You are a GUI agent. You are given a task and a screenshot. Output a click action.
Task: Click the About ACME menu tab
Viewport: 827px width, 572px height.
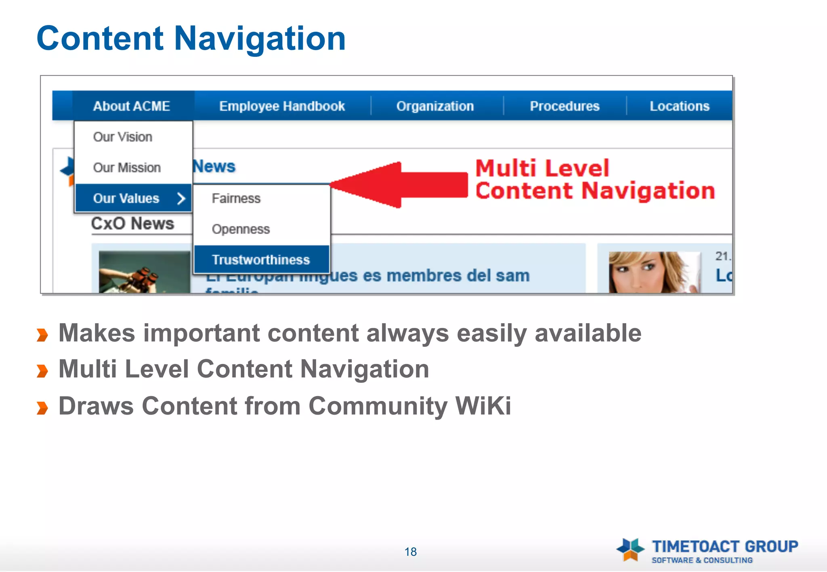(132, 106)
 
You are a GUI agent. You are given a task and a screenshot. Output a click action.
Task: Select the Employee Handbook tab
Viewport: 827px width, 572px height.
(282, 106)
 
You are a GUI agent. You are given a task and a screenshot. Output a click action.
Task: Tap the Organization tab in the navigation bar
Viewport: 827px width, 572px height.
(435, 106)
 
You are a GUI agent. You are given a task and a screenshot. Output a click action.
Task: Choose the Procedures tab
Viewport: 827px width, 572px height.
(565, 106)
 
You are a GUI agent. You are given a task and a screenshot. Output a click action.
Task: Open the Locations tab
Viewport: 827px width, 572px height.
(680, 106)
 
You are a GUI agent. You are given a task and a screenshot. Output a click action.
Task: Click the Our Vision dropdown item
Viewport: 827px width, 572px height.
(123, 137)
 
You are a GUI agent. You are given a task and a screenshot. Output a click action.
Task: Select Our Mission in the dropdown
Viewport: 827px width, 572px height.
(127, 167)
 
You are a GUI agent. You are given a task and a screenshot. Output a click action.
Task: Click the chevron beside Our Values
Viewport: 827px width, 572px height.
(181, 198)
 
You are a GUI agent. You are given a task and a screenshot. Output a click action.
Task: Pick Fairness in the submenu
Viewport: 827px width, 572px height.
(236, 198)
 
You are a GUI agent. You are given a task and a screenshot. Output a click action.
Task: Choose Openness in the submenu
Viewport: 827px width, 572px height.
(241, 229)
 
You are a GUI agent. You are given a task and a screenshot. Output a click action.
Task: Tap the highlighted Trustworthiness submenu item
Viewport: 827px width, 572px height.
(261, 260)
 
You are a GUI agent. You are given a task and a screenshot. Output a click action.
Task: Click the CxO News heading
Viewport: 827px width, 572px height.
(132, 223)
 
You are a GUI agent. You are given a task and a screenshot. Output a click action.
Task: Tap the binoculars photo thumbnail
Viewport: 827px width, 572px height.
(144, 272)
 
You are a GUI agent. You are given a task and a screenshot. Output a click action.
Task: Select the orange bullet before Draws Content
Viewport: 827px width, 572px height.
(42, 407)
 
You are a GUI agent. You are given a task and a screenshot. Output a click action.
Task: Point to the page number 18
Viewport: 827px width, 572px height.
(411, 552)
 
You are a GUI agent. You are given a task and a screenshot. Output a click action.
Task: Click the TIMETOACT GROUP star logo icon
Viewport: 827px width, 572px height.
(630, 549)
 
